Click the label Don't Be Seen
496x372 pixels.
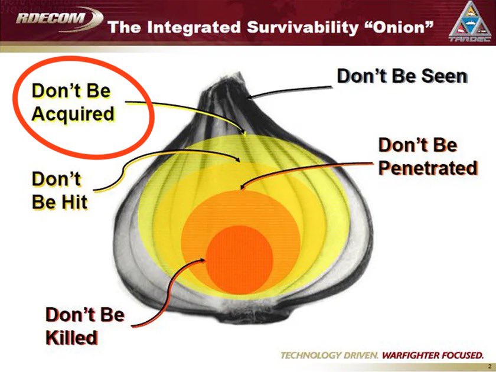point(402,76)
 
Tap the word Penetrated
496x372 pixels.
point(428,168)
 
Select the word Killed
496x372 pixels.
point(71,337)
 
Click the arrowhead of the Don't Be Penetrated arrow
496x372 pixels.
point(242,187)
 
